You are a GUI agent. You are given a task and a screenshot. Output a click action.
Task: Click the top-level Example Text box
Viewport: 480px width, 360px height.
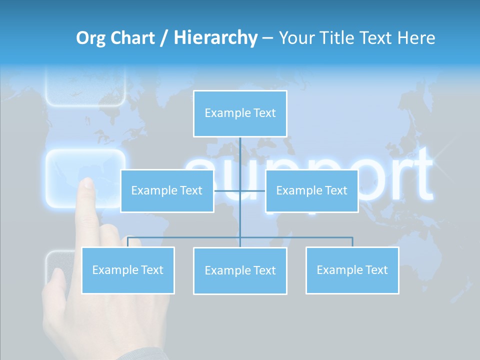pyautogui.click(x=240, y=113)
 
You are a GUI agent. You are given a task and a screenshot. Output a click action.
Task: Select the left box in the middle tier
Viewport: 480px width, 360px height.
pyautogui.click(x=167, y=191)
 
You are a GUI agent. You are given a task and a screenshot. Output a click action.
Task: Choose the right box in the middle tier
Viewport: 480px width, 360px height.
pyautogui.click(x=311, y=191)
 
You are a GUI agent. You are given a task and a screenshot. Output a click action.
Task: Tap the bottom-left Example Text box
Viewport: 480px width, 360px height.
pyautogui.click(x=128, y=270)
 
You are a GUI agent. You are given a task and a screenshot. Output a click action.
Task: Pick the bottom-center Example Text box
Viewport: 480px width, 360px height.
pyautogui.click(x=240, y=271)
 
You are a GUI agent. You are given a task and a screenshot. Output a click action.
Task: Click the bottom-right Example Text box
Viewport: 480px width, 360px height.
pyautogui.click(x=352, y=270)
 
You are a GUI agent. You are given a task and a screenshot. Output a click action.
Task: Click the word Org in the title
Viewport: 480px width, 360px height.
pyautogui.click(x=90, y=38)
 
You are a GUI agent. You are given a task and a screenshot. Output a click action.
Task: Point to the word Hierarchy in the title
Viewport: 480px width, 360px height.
pyautogui.click(x=215, y=38)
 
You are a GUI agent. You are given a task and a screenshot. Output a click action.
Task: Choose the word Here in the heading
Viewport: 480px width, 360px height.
pyautogui.click(x=416, y=38)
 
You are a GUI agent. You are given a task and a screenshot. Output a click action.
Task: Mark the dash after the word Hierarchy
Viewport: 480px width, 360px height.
pyautogui.click(x=267, y=38)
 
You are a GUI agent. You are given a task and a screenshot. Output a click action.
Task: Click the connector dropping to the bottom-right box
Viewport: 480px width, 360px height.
pyautogui.click(x=352, y=242)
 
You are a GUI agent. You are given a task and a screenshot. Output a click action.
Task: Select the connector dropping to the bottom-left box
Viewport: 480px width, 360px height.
pyautogui.click(x=128, y=242)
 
